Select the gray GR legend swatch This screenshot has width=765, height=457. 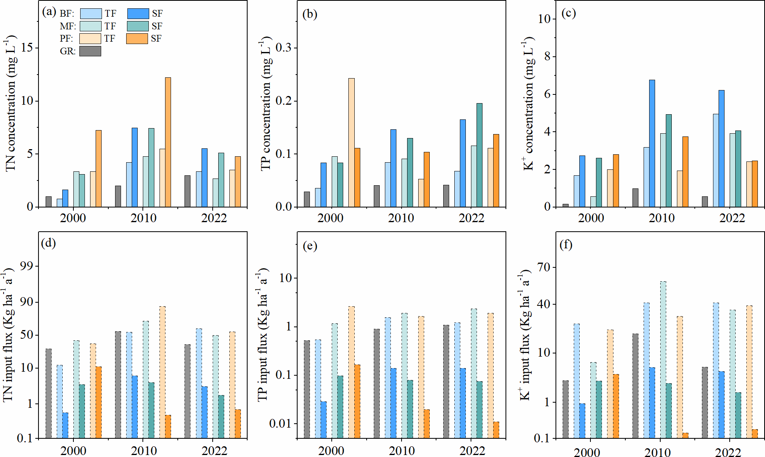90,51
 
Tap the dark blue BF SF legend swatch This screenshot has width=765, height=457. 138,14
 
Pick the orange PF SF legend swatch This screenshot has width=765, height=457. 137,38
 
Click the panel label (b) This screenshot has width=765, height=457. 309,14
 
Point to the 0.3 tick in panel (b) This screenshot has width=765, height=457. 283,48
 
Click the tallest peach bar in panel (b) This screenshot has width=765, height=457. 352,142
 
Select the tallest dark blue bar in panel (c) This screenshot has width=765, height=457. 652,143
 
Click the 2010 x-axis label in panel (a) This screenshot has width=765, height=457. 143,218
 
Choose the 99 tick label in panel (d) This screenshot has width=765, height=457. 27,266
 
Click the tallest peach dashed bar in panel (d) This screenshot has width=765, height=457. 162,372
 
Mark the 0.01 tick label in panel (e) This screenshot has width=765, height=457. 280,424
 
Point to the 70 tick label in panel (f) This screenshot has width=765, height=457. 544,267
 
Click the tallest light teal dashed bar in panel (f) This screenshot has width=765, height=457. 663,359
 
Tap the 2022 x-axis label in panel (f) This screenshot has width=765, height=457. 728,453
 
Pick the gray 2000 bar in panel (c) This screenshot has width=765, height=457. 565,205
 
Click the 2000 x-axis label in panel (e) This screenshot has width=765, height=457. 331,451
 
